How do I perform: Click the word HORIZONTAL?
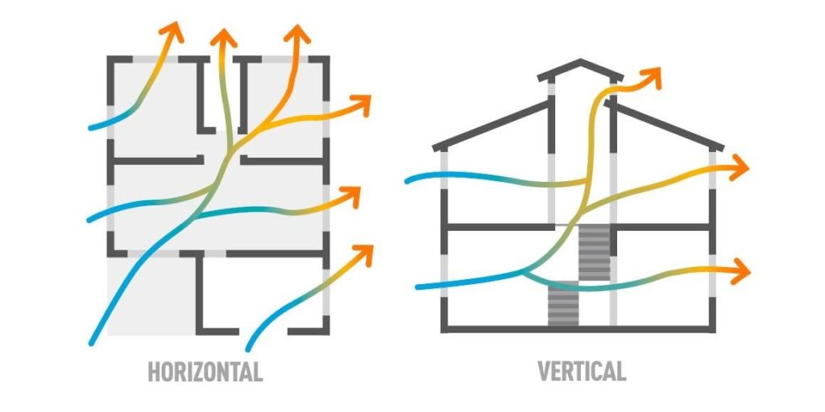205,372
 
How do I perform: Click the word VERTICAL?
581,372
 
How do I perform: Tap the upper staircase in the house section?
594,252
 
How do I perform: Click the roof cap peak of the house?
579,62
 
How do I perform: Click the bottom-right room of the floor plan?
262,294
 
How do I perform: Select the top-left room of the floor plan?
149,105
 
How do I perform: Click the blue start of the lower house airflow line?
420,286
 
